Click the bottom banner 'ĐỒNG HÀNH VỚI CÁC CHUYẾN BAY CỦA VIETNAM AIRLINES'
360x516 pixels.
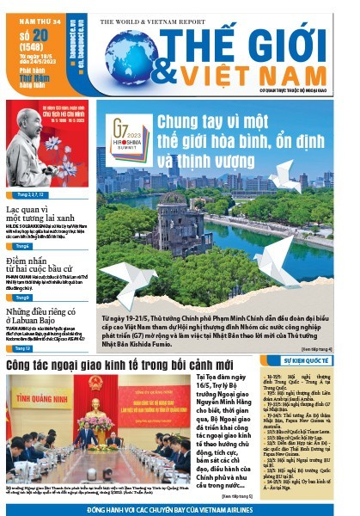coord(180,509)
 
